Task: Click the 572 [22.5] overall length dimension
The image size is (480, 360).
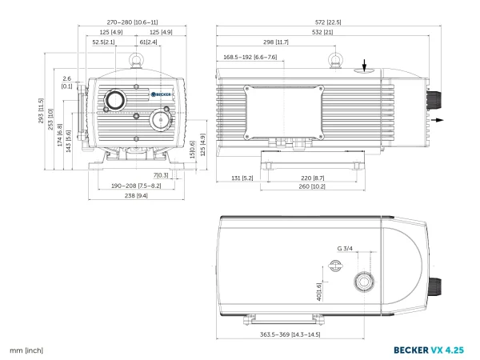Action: pyautogui.click(x=328, y=22)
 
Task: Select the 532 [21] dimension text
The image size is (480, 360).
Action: pyautogui.click(x=322, y=32)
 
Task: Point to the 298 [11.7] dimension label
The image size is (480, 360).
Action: pyautogui.click(x=276, y=42)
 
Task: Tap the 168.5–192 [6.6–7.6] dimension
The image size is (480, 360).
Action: pyautogui.click(x=250, y=58)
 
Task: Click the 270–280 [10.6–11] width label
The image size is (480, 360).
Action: pyautogui.click(x=132, y=22)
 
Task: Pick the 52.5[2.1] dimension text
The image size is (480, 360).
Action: pyautogui.click(x=103, y=42)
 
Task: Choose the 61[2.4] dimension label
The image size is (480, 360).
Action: pyautogui.click(x=149, y=42)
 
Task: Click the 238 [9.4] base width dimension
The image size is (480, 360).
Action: pyautogui.click(x=136, y=195)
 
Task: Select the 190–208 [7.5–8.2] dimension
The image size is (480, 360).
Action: pyautogui.click(x=136, y=186)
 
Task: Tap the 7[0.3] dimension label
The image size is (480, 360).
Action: pyautogui.click(x=161, y=175)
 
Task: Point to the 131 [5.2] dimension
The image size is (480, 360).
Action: pyautogui.click(x=242, y=178)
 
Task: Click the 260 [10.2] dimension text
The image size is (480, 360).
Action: pyautogui.click(x=312, y=186)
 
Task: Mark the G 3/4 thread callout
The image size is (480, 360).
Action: pyautogui.click(x=345, y=249)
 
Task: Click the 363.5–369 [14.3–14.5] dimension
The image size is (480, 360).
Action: pyautogui.click(x=290, y=334)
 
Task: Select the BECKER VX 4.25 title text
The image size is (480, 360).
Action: pyautogui.click(x=429, y=350)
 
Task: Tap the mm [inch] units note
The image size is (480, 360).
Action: pyautogui.click(x=26, y=350)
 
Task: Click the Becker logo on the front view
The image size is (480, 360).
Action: pyautogui.click(x=161, y=94)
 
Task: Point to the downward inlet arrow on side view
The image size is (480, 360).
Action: pyautogui.click(x=364, y=66)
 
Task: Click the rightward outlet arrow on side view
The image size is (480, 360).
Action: pyautogui.click(x=438, y=120)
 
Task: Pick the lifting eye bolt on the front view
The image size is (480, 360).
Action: pyautogui.click(x=136, y=60)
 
